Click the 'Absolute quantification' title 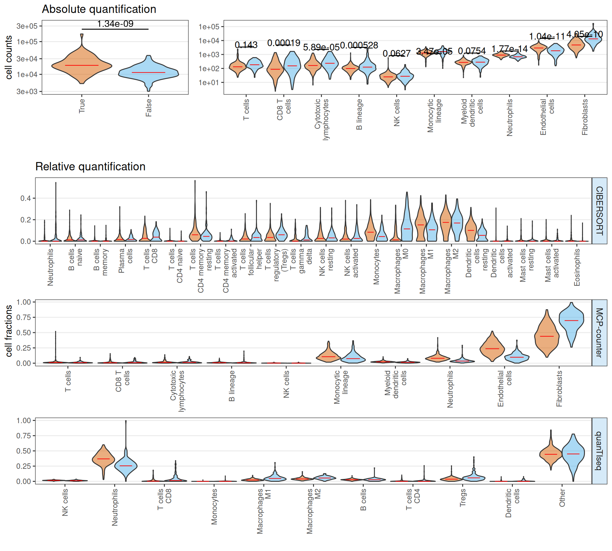(x=99, y=9)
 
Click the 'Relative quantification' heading (x=90, y=166)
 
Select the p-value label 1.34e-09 (x=115, y=24)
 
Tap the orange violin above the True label (x=82, y=65)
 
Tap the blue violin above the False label (x=149, y=73)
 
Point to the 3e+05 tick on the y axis (x=27, y=26)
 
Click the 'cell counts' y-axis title (x=9, y=57)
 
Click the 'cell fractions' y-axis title (x=9, y=331)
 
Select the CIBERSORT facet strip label (x=599, y=211)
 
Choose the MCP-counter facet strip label (x=599, y=333)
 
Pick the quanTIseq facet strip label (x=599, y=451)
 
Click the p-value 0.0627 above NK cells (x=397, y=53)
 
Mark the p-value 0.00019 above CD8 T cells (x=284, y=43)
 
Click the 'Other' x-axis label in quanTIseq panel (x=562, y=498)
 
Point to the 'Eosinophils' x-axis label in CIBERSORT (x=577, y=267)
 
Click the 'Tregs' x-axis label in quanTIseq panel (x=463, y=497)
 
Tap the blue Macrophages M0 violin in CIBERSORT (x=407, y=223)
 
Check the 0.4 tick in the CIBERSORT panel (x=25, y=198)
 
